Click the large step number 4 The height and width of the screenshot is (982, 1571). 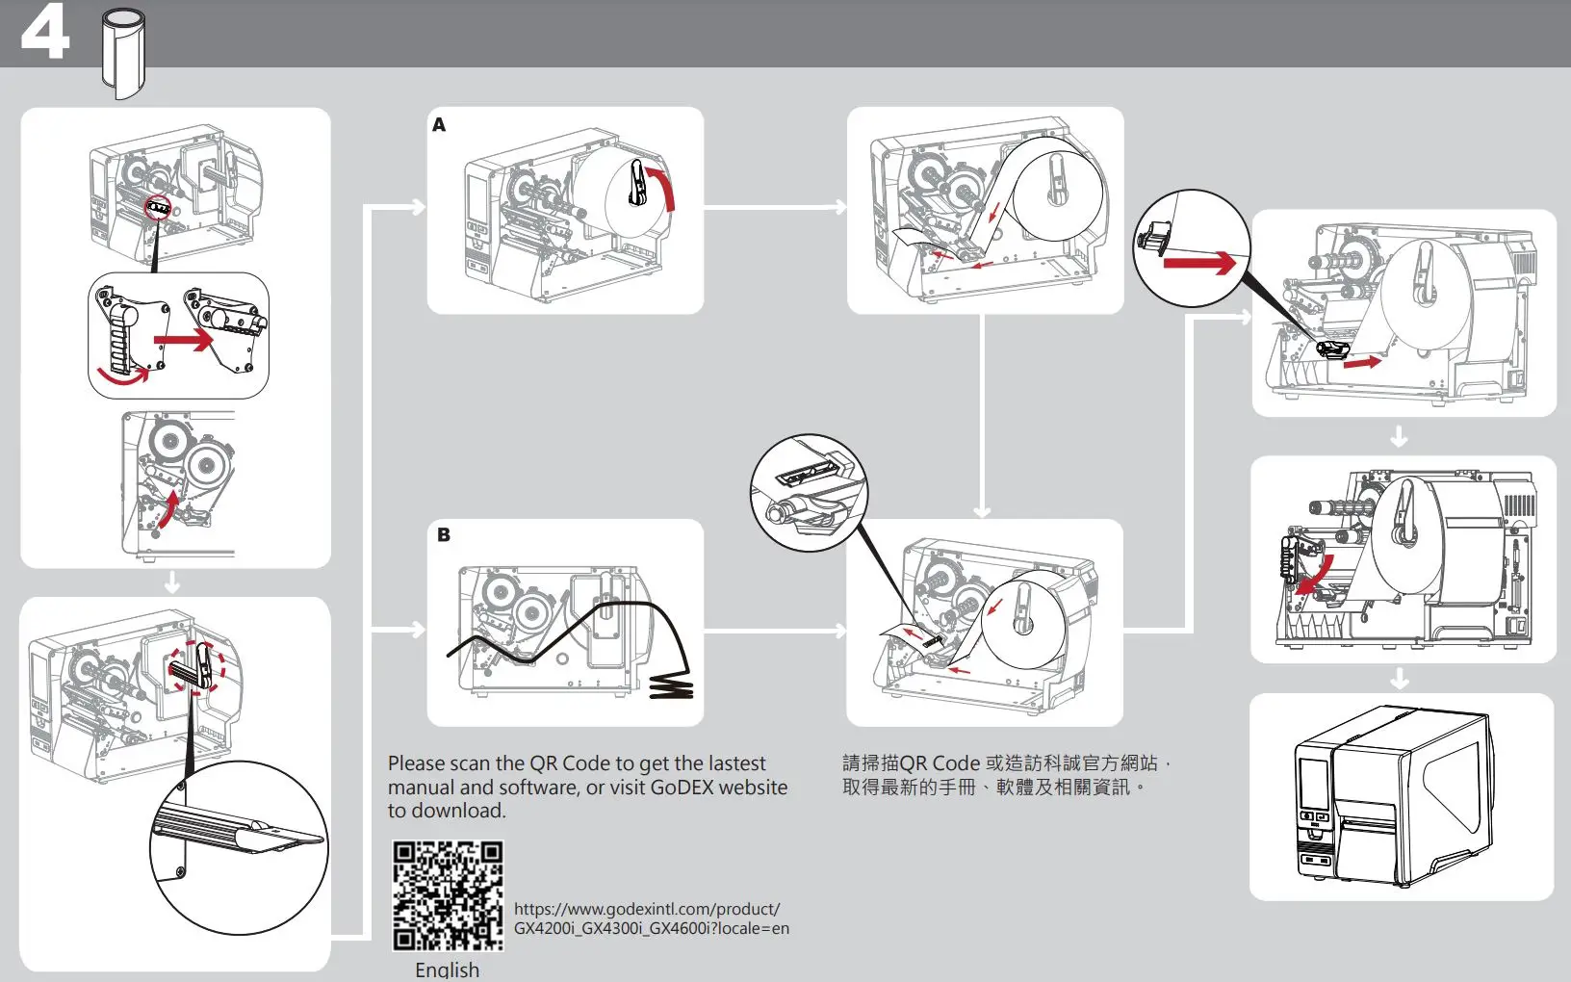pyautogui.click(x=45, y=32)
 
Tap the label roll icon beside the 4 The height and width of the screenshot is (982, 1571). pyautogui.click(x=124, y=52)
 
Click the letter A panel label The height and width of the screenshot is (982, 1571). pyautogui.click(x=439, y=125)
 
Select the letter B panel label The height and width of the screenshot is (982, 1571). pyautogui.click(x=444, y=535)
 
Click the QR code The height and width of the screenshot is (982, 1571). pyautogui.click(x=448, y=895)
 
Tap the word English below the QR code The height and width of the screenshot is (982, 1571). pyautogui.click(x=447, y=969)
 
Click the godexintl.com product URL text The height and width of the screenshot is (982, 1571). pyautogui.click(x=651, y=918)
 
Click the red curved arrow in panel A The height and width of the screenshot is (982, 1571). pyautogui.click(x=663, y=188)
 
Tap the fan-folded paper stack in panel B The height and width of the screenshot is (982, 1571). pyautogui.click(x=671, y=686)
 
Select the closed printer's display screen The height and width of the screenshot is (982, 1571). pyautogui.click(x=1312, y=783)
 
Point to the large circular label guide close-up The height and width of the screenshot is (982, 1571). pyautogui.click(x=239, y=847)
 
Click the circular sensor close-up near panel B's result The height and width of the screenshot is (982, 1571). pyautogui.click(x=809, y=492)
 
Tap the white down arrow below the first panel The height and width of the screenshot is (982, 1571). pyautogui.click(x=172, y=582)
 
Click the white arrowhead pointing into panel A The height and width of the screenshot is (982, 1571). pyautogui.click(x=418, y=207)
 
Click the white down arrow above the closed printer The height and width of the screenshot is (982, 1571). pyautogui.click(x=1400, y=680)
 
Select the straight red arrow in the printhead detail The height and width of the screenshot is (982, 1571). pyautogui.click(x=184, y=340)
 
